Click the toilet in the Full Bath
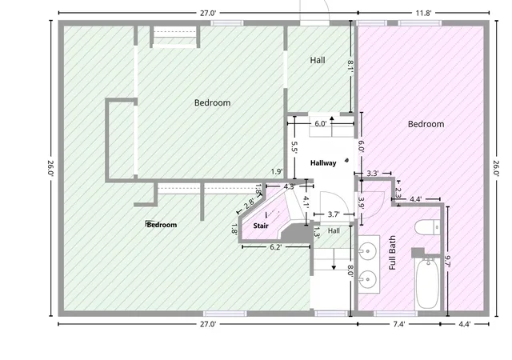tap(427, 227)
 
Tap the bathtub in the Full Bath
tap(427, 283)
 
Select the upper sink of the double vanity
tap(368, 251)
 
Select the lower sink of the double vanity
tap(368, 280)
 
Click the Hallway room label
tap(323, 162)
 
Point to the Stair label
tap(261, 226)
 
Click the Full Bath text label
tap(393, 253)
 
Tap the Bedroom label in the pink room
tap(426, 124)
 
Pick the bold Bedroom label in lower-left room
tap(162, 225)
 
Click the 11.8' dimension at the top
tap(423, 13)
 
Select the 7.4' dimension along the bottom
tap(399, 324)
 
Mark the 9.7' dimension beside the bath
tap(448, 262)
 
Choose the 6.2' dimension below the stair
tap(276, 247)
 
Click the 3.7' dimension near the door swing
tap(334, 214)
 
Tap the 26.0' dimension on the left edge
tap(51, 168)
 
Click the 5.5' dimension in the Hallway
tap(294, 147)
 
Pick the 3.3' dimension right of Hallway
tap(373, 173)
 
